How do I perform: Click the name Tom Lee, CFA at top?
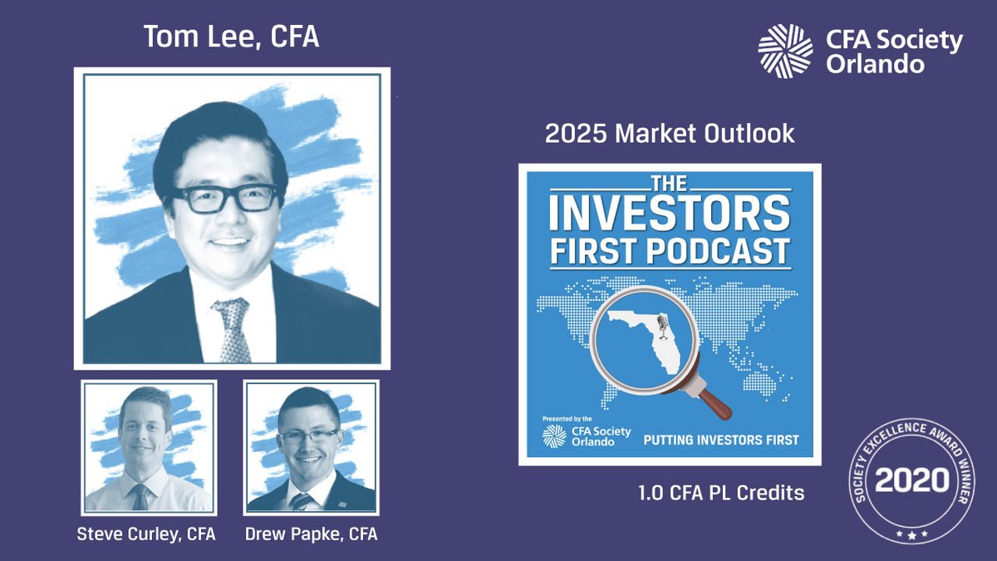231,38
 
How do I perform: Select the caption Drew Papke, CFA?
312,534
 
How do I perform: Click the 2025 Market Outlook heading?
670,134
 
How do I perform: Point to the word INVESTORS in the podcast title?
670,214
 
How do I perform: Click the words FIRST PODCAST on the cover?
670,250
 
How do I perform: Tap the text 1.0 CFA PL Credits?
721,492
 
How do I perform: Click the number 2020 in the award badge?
911,480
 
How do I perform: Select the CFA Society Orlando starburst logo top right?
785,51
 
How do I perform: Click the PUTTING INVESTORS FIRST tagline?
721,439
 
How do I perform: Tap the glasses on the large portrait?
225,198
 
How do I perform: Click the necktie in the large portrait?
232,330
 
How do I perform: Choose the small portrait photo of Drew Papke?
312,447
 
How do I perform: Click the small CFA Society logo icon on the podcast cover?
554,437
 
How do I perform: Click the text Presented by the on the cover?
567,419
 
